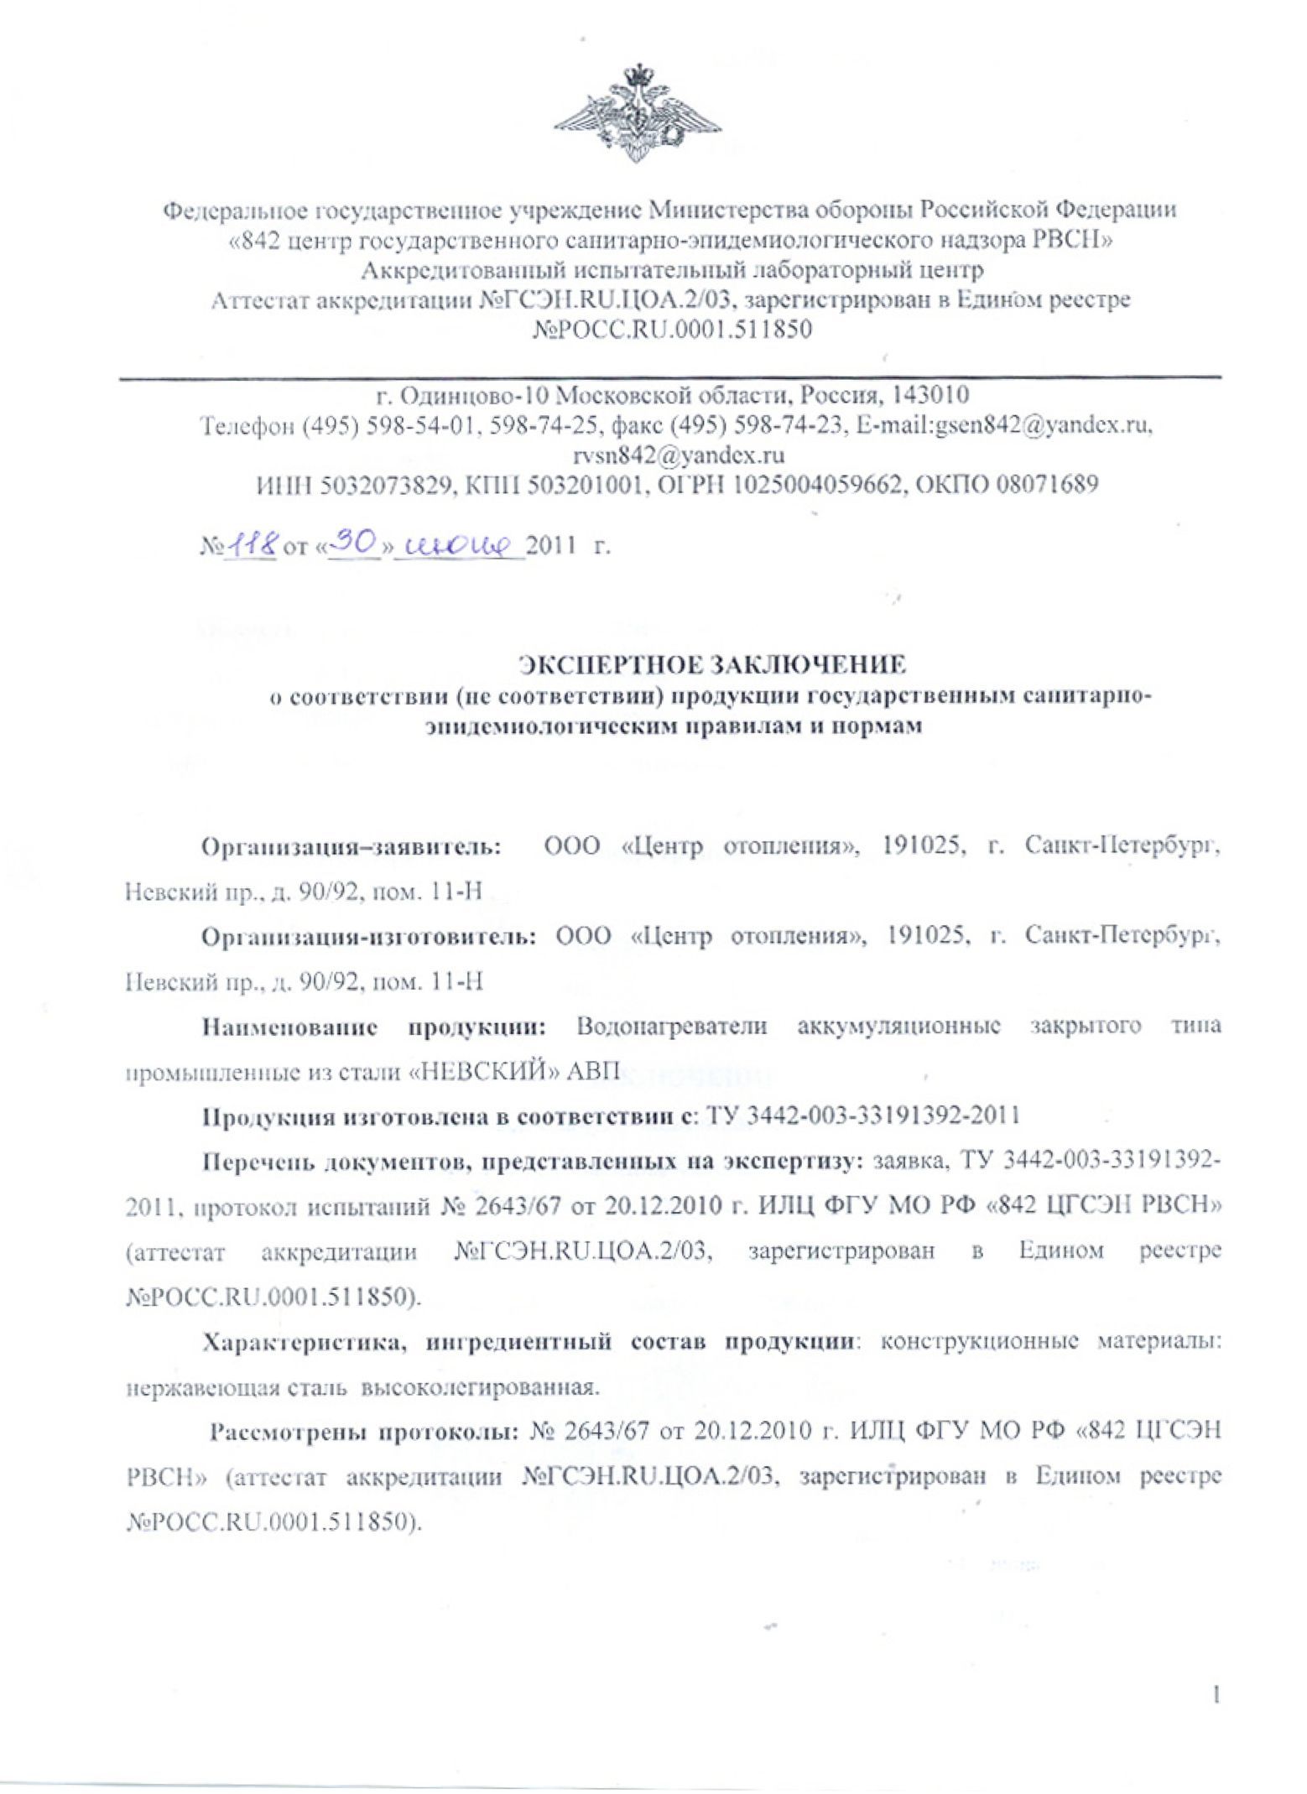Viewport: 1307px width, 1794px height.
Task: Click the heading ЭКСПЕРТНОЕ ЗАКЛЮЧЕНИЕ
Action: point(713,665)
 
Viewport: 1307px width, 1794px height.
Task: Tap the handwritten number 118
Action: point(251,546)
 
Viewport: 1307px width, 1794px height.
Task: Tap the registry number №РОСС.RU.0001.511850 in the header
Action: point(673,330)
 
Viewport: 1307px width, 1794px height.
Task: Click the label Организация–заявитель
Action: point(352,847)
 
